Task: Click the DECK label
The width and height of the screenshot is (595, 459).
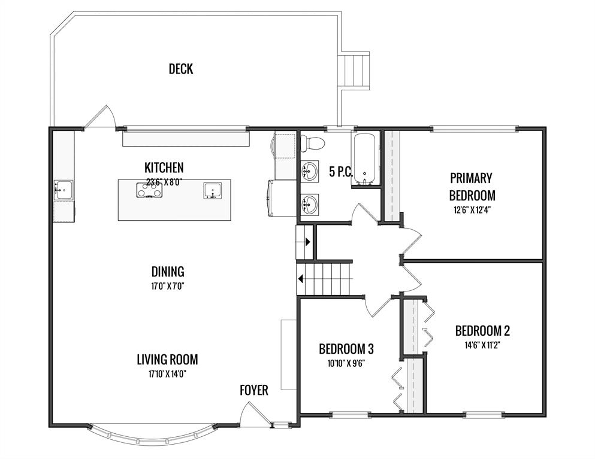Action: (x=181, y=69)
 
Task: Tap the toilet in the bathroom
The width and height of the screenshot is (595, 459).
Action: (x=312, y=143)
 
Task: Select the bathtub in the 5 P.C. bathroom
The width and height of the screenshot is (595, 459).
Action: (x=365, y=159)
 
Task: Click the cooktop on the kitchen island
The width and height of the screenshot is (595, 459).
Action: (x=150, y=190)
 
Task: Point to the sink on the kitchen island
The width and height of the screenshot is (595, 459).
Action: (x=213, y=190)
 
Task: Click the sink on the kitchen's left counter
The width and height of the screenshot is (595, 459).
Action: (x=64, y=190)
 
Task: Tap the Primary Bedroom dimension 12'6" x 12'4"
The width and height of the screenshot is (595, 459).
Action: (x=472, y=210)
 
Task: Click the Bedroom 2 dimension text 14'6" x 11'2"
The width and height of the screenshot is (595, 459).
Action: (x=482, y=345)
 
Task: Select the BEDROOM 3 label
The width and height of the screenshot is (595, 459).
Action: (x=346, y=349)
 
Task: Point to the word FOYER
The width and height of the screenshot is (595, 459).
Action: (x=254, y=390)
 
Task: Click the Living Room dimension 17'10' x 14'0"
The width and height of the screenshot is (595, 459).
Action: (x=167, y=374)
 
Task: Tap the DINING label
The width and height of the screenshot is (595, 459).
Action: (x=168, y=272)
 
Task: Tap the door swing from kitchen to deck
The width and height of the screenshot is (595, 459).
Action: (x=101, y=117)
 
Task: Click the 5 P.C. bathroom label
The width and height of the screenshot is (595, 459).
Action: (x=341, y=172)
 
